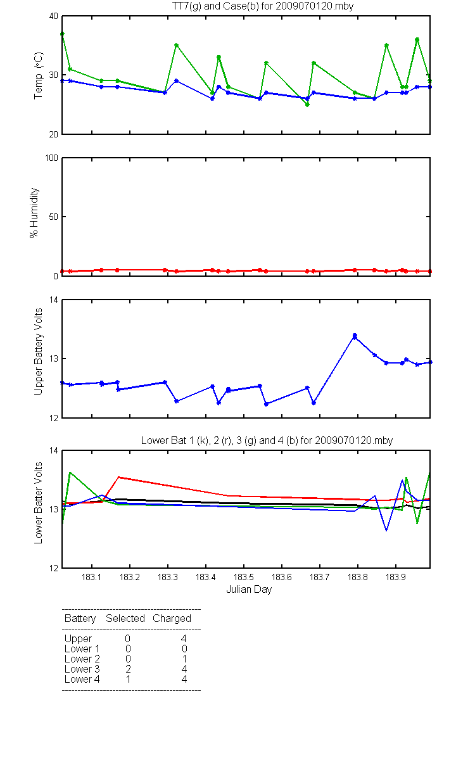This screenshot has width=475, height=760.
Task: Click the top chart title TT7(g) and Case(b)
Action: tap(263, 6)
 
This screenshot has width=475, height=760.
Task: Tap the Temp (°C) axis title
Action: tap(39, 75)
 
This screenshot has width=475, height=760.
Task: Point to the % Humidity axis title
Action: tap(34, 213)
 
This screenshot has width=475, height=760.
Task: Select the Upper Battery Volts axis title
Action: tap(39, 351)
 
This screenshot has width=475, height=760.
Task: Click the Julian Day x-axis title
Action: tap(249, 590)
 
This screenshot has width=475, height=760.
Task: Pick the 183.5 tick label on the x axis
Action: tap(244, 577)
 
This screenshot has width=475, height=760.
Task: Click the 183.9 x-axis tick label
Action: tap(396, 577)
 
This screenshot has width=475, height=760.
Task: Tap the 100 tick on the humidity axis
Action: tap(51, 158)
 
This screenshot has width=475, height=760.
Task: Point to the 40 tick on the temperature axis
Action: tap(54, 16)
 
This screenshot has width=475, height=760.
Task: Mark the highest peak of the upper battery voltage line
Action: tap(355, 336)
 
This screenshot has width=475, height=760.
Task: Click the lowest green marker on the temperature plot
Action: tap(307, 104)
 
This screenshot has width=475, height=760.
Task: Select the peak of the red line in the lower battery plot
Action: tap(118, 477)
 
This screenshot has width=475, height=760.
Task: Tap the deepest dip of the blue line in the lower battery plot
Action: tap(386, 530)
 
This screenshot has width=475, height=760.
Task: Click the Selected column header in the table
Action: tap(125, 619)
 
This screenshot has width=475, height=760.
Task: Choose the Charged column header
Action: tap(172, 619)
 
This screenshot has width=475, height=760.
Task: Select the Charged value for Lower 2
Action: tap(184, 659)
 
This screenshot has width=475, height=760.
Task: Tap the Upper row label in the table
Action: tap(78, 639)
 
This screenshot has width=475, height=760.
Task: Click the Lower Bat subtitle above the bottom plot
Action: tap(267, 440)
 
